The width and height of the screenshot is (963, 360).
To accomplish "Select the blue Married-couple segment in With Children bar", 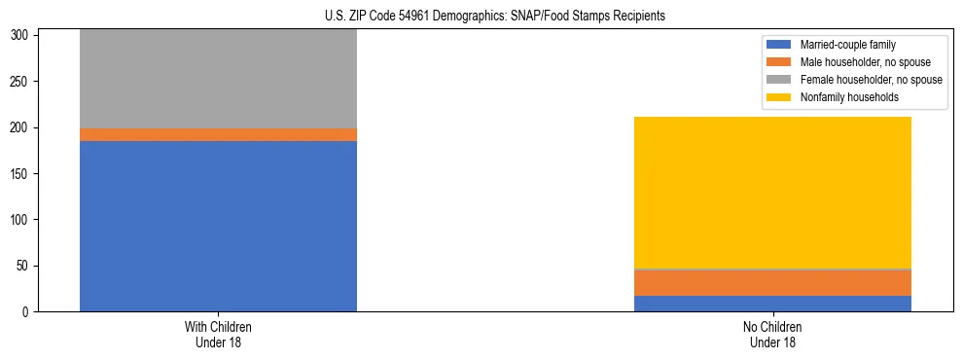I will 218,226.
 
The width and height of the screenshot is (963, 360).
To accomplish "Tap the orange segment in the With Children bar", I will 218,134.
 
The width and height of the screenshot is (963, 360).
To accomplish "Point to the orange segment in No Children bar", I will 772,282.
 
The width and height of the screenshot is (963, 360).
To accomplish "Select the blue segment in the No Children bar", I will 772,304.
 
